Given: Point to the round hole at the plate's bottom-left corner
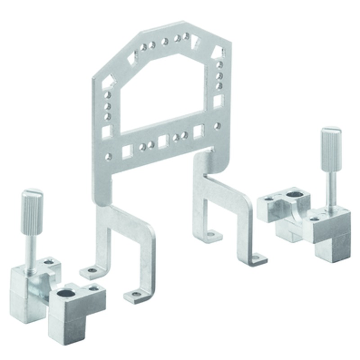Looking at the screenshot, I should click(x=108, y=157).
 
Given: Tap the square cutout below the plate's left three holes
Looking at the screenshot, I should click(x=107, y=131).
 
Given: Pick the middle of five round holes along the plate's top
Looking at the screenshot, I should click(x=165, y=41).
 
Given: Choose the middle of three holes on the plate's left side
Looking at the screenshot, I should click(x=108, y=106).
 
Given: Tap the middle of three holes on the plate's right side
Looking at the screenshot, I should click(x=219, y=75).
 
